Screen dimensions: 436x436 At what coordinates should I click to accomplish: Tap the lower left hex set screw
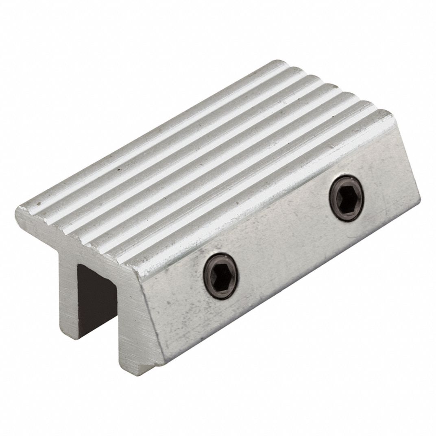coord(221,276)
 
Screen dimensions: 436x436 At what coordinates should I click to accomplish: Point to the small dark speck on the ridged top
coord(118,168)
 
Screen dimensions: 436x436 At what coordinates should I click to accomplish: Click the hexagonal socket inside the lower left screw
coord(221,276)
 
